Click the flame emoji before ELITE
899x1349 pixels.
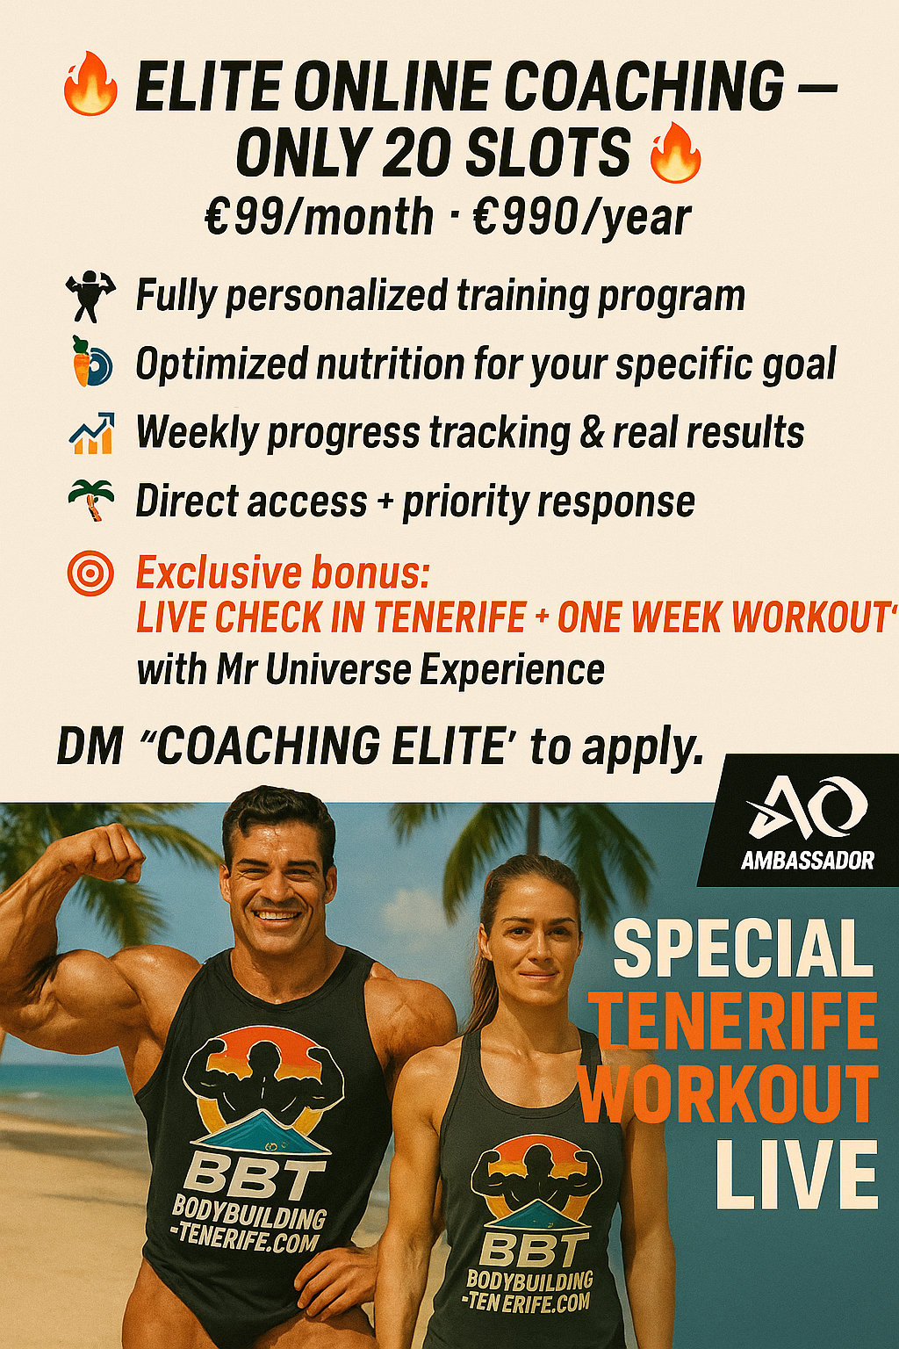90,85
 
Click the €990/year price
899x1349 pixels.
582,217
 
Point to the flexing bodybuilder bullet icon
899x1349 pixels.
90,297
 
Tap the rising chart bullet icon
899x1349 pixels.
91,433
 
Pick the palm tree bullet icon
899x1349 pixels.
92,501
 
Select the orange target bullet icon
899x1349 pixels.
90,575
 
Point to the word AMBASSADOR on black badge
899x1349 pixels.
807,860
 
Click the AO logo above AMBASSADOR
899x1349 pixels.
807,808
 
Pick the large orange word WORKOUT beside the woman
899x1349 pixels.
729,1094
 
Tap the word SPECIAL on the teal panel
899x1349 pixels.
743,949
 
